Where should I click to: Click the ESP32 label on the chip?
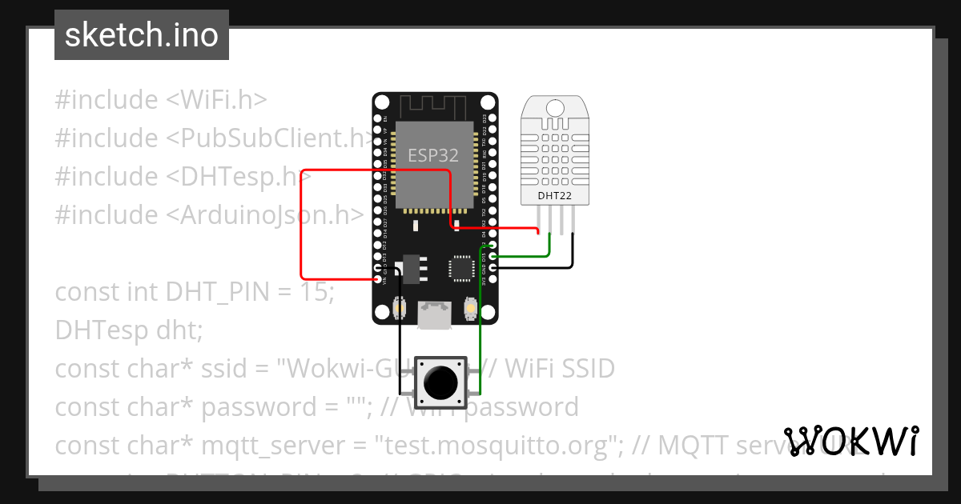(x=433, y=154)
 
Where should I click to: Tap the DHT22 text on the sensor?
(x=554, y=194)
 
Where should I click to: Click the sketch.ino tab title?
(x=142, y=35)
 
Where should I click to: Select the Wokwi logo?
(x=851, y=442)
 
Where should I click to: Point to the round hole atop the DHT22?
(x=553, y=106)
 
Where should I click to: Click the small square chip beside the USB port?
(x=462, y=268)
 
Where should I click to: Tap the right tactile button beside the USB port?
(x=470, y=308)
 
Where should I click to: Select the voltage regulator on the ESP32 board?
(x=412, y=268)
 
